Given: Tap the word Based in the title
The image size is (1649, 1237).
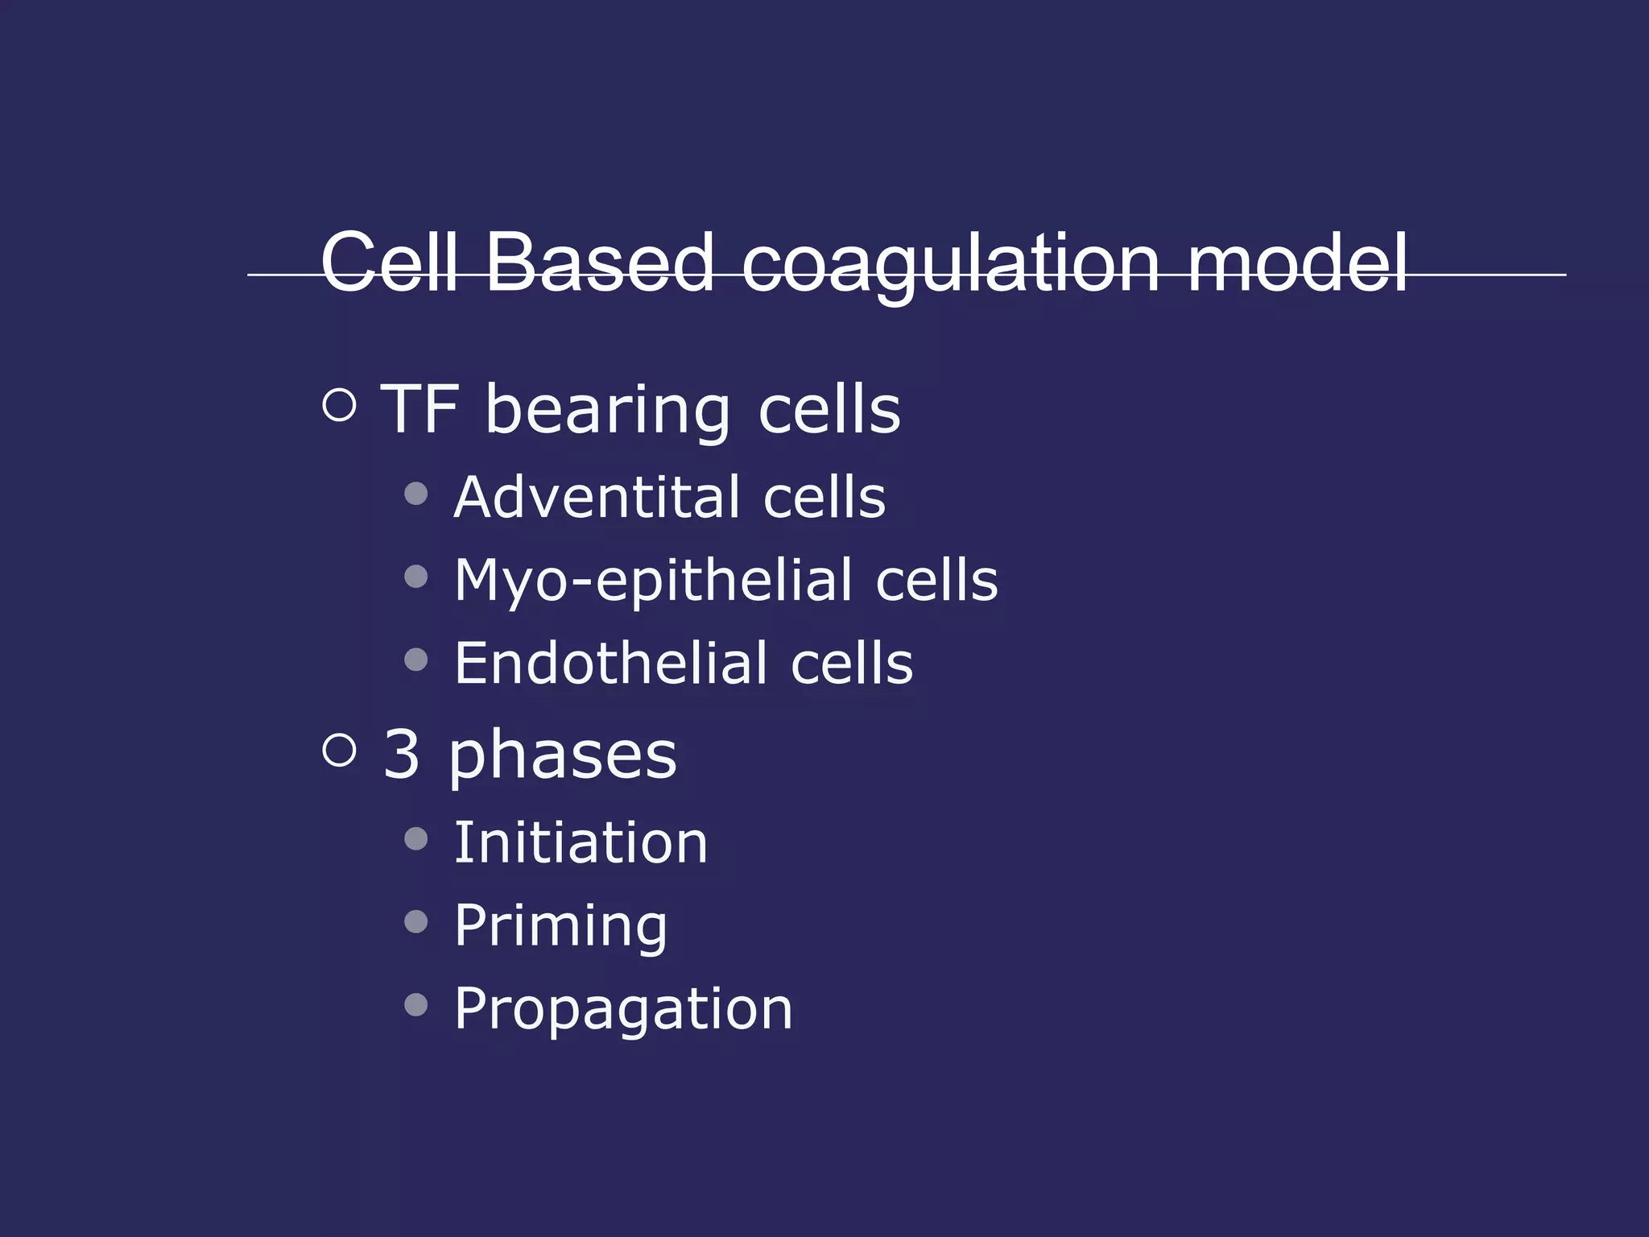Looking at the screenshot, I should pos(599,262).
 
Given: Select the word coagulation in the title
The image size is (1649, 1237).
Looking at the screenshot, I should pos(950,264).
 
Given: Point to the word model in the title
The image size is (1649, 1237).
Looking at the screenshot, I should pos(1297,262).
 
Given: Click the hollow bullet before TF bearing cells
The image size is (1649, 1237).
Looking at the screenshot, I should pos(339,405).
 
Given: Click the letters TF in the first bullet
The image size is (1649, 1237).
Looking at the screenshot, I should pos(419,408).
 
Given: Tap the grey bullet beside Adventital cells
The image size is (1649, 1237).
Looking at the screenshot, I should pos(416,494).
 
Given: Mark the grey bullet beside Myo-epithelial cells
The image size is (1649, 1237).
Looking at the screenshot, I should pos(416,577).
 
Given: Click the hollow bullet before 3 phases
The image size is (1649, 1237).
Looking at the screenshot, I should pos(339,750).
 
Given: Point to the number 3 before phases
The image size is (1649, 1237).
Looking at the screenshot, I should pos(401,754).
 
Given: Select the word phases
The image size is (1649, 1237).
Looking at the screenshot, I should pos(563,757).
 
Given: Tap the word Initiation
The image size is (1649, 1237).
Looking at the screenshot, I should pos(581,842).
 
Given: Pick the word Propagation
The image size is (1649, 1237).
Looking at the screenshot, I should pos(623,1010).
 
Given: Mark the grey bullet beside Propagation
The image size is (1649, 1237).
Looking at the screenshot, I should pos(416,1005).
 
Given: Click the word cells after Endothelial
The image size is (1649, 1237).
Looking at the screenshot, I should pos(852,664).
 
